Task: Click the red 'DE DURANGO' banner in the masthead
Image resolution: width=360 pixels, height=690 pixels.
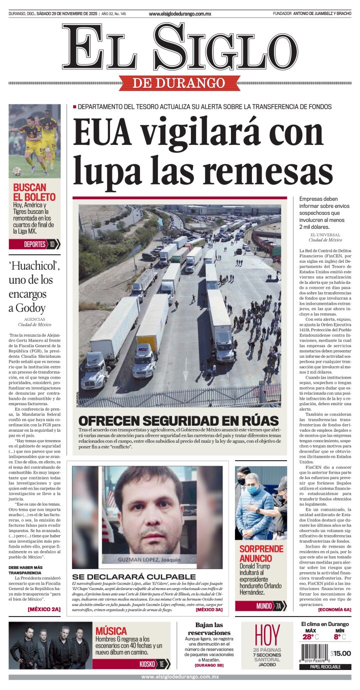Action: pos(179,83)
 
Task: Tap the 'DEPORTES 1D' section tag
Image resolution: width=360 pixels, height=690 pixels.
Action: pos(34,244)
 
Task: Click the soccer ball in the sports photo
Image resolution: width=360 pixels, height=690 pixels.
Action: pos(17,171)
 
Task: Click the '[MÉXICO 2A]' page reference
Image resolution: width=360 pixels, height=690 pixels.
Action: pos(44,609)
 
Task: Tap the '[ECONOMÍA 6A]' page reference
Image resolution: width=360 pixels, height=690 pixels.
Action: pos(334,610)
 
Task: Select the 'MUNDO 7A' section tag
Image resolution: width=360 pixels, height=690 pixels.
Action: pos(261,606)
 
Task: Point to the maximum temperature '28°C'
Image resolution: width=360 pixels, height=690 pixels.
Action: pos(310,637)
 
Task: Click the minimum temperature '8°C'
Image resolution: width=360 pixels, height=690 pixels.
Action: pos(339,637)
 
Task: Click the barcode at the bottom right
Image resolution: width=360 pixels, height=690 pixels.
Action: pos(314,653)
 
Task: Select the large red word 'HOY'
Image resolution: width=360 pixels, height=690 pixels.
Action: pos(267,635)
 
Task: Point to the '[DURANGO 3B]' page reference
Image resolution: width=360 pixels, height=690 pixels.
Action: pos(209,665)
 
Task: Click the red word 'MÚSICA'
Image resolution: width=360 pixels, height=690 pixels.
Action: pos(111,631)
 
